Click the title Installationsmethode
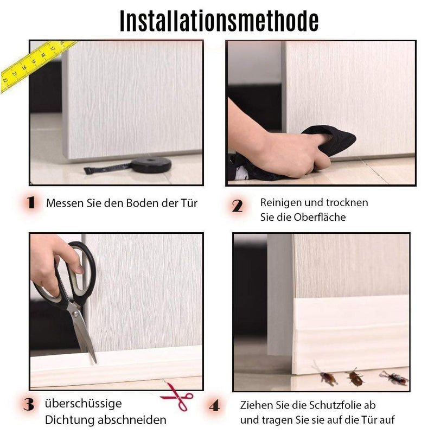[x=219, y=21]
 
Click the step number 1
[x=31, y=202]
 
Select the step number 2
[x=237, y=206]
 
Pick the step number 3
[x=29, y=404]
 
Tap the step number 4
[x=214, y=406]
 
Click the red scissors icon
[x=177, y=397]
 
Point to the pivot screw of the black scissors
[x=75, y=314]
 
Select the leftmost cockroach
[x=326, y=376]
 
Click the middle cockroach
[x=355, y=377]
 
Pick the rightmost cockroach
[x=394, y=378]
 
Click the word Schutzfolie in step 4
[x=334, y=405]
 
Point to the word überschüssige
[x=84, y=404]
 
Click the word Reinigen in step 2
[x=280, y=203]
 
